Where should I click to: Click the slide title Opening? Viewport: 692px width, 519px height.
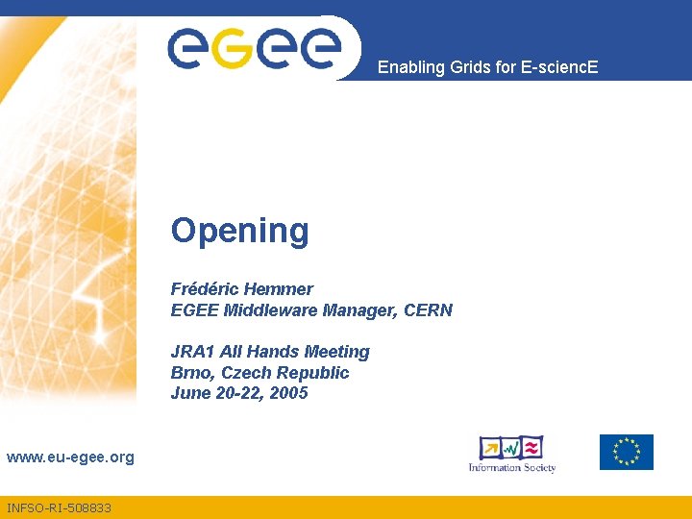click(240, 232)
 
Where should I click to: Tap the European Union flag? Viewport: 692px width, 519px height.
click(626, 452)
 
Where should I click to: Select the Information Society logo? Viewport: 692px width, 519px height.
click(512, 454)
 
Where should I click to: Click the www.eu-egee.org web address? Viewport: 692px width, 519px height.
click(70, 457)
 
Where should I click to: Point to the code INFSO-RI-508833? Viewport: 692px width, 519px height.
click(59, 507)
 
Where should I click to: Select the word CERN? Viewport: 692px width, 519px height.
click(428, 310)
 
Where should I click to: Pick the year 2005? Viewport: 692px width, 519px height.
click(288, 393)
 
